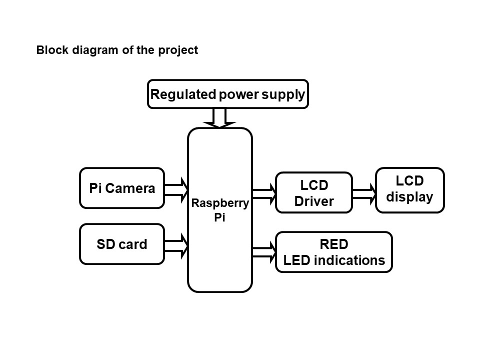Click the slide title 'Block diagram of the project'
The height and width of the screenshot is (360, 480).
(117, 50)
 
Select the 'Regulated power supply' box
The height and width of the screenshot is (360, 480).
(227, 94)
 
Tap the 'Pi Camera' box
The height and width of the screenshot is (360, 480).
(122, 188)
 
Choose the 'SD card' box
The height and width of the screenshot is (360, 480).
(122, 244)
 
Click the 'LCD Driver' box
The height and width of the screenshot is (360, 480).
(314, 193)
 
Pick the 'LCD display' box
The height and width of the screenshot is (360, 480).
(409, 190)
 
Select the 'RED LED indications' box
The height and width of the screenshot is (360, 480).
(334, 252)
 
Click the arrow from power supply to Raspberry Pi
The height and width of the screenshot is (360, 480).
(219, 118)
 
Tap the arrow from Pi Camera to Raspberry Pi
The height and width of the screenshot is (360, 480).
(175, 189)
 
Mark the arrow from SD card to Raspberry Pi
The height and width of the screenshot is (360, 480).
(175, 245)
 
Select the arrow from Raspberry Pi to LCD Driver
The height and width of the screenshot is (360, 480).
(264, 194)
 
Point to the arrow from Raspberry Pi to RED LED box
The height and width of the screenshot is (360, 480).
(264, 252)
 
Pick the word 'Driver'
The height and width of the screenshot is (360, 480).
(314, 201)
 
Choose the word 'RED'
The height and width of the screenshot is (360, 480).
(334, 244)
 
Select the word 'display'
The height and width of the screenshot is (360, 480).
(409, 197)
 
